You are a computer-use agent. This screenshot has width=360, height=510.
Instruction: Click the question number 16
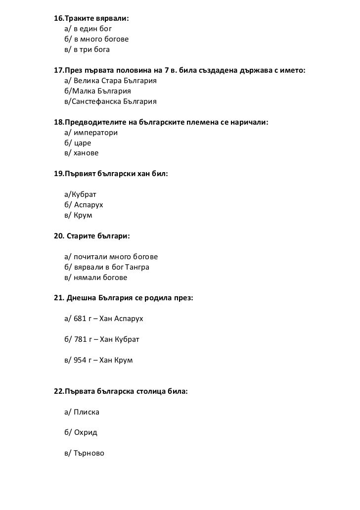(x=58, y=18)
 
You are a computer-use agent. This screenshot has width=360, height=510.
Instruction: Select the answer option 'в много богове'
(x=102, y=39)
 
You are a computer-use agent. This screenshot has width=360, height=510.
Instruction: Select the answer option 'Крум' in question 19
(x=83, y=216)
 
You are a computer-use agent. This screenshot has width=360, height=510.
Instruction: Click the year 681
(x=80, y=319)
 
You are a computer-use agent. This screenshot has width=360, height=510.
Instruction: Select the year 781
(x=80, y=340)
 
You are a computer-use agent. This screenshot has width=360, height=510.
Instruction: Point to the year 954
(x=80, y=361)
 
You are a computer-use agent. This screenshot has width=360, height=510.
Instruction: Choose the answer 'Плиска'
(x=87, y=412)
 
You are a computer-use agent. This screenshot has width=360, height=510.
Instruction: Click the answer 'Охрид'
(x=86, y=432)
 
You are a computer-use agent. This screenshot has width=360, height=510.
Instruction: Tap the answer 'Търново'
(x=89, y=453)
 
